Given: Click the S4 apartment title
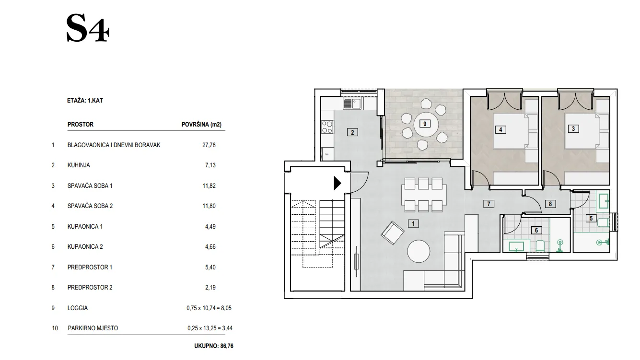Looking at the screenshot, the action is coord(88,29).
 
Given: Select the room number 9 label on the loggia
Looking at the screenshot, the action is coord(425,124).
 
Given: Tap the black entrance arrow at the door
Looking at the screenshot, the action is coord(337,183).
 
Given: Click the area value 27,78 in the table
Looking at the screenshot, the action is coord(209,145).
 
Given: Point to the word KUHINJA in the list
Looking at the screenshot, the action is coord(79,165).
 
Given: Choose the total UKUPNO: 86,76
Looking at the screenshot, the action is coord(214,346).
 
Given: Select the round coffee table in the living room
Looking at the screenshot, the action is coord(419,251).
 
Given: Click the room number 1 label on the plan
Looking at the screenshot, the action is coord(413,223).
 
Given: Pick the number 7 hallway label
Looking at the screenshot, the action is coord(489,204).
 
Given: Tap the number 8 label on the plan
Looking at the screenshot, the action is coord(550,204).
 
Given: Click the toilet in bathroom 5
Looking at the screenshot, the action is coord(604,222).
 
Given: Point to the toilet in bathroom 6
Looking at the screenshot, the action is coord(540,246).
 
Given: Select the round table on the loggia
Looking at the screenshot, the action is coord(425,125).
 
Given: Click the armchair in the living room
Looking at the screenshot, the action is coord(392,233).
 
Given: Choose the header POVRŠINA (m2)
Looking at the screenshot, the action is coord(201,125).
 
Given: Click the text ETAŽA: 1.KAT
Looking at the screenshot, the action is coord(85,101).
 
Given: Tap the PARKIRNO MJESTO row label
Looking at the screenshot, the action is coord(93,328).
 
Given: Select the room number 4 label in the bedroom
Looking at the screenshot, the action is coord(500,130).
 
